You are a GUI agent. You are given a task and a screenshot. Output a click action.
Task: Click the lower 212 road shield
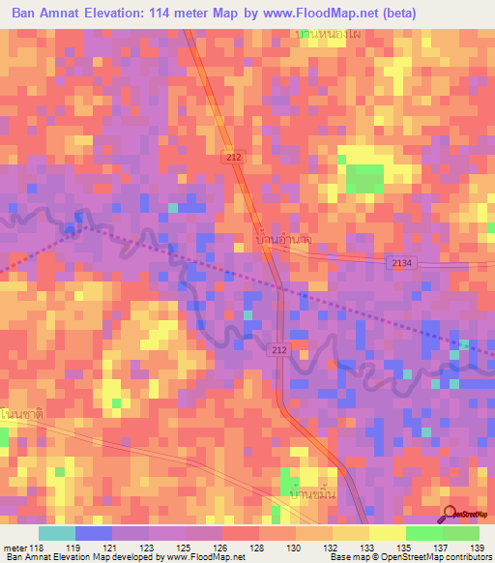278,348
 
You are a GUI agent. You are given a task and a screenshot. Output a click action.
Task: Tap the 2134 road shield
403,263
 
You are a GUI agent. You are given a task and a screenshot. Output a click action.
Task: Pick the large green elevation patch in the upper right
364,178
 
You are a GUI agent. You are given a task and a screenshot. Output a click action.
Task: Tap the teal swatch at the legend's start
57,533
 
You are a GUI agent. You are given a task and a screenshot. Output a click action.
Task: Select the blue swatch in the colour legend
94,533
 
